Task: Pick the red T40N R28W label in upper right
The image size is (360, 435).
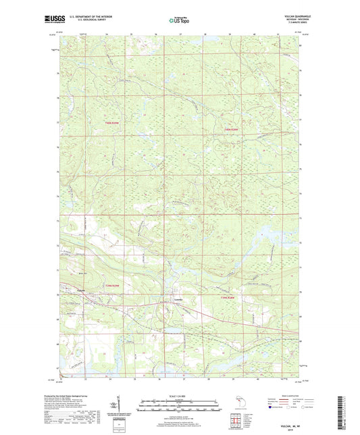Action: click(231, 129)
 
